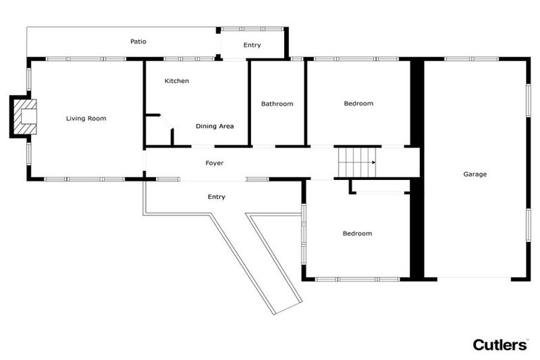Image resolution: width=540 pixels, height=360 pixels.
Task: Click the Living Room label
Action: (x=86, y=119)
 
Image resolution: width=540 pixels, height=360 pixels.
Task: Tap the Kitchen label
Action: (x=176, y=82)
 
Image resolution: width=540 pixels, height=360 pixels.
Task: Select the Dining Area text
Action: (x=214, y=127)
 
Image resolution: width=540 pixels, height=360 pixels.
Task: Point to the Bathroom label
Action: (x=277, y=104)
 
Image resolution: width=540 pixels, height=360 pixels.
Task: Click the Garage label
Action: (x=475, y=174)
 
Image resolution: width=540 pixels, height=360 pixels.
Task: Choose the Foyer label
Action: (x=214, y=163)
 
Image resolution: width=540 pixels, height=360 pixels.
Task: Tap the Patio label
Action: (x=139, y=42)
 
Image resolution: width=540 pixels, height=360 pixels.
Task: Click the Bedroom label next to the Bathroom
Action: (x=359, y=104)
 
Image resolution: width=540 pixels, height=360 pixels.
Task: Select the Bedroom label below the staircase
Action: (x=357, y=233)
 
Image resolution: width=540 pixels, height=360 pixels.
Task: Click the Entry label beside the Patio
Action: (x=252, y=46)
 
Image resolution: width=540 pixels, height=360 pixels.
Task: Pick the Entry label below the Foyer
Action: (x=217, y=197)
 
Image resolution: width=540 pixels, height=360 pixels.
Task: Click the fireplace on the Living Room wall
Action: (x=25, y=117)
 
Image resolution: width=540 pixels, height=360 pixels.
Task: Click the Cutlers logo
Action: (x=499, y=344)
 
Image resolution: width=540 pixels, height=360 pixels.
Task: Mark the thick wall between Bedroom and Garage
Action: (x=417, y=169)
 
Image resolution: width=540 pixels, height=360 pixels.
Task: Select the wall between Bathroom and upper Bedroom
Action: (x=305, y=104)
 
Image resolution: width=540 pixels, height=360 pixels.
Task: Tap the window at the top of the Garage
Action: (x=462, y=59)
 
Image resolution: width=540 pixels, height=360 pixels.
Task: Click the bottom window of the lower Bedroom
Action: (x=357, y=279)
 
